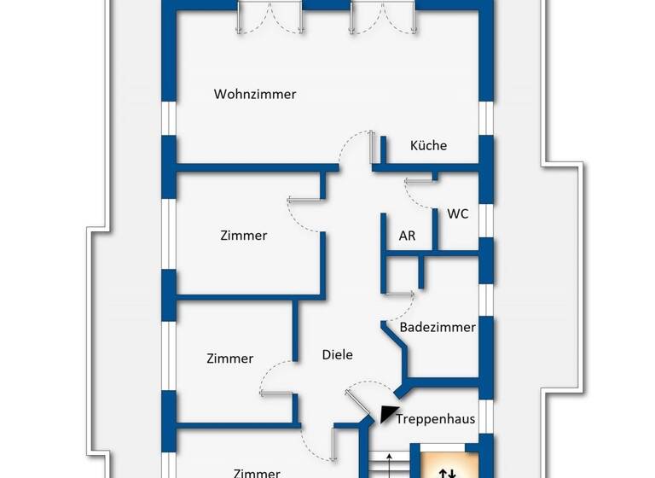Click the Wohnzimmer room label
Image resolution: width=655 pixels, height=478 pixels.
click(x=255, y=95)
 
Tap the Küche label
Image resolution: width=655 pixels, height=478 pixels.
click(x=428, y=146)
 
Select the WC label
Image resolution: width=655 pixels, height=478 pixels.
click(x=458, y=214)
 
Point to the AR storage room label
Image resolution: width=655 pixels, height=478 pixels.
click(x=408, y=236)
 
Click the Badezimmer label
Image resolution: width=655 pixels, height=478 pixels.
click(x=438, y=327)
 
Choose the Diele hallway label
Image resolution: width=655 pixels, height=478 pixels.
click(x=337, y=355)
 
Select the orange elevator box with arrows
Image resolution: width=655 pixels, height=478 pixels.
click(x=446, y=466)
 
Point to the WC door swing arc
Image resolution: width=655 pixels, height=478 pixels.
click(x=419, y=193)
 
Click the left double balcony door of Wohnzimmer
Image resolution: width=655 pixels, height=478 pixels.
click(x=270, y=17)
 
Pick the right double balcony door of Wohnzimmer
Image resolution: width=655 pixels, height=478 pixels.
click(x=381, y=17)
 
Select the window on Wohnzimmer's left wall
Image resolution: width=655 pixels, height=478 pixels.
click(x=169, y=118)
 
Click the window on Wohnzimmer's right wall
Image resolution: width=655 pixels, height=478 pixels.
click(x=487, y=118)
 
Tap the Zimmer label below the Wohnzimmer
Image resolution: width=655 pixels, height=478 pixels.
click(x=243, y=236)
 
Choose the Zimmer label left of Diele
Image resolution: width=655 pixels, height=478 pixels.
click(x=229, y=359)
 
